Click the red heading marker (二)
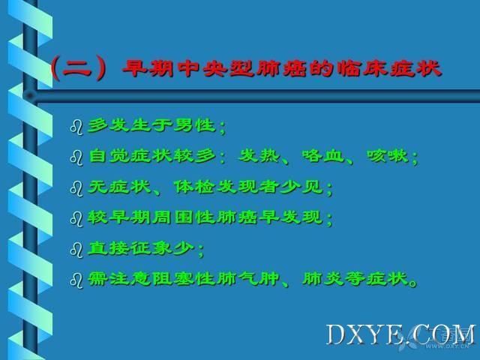(79, 68)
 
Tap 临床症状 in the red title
(389, 68)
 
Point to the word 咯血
(323, 155)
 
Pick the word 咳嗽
(388, 155)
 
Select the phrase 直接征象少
(141, 248)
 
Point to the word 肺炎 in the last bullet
(323, 279)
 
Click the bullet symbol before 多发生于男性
(76, 127)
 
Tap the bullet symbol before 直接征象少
(76, 250)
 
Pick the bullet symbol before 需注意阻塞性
(76, 280)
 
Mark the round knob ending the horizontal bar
(30, 96)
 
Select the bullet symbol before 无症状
(76, 188)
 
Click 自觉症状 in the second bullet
(130, 155)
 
